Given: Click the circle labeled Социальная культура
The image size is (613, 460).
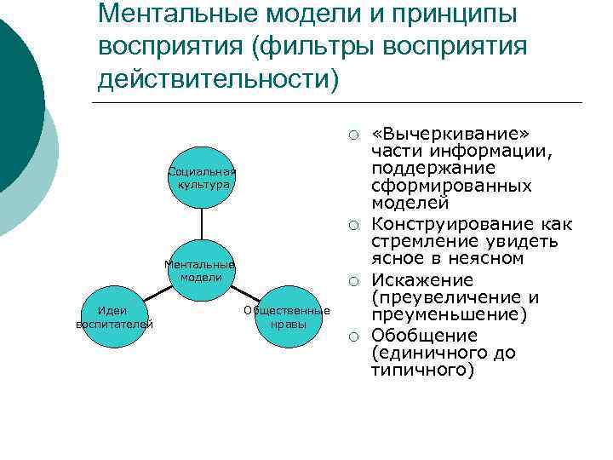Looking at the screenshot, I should pos(202,176).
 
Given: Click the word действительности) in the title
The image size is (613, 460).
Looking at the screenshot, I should pos(218,78).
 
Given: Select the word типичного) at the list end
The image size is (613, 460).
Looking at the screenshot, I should pos(422,371).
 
